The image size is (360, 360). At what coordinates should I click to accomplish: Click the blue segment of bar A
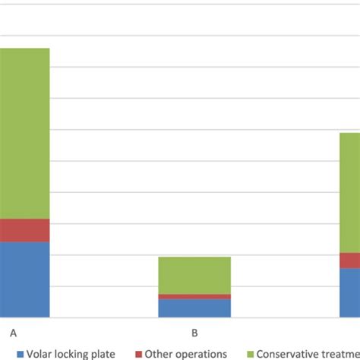click(24, 279)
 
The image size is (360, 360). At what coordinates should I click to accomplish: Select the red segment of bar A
click(24, 230)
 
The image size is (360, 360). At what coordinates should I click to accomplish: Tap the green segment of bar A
click(24, 134)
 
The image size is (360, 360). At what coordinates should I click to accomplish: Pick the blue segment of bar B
click(194, 308)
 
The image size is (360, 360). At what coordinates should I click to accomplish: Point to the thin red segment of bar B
click(194, 296)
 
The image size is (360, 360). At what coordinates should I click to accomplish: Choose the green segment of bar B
click(194, 275)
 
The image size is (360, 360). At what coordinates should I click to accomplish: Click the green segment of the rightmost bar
click(349, 193)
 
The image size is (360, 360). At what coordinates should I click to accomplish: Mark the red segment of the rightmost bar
click(349, 261)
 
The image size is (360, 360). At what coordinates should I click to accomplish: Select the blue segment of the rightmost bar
click(349, 292)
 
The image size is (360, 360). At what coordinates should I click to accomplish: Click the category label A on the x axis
click(13, 333)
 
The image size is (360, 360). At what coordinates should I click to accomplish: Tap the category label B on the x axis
click(194, 333)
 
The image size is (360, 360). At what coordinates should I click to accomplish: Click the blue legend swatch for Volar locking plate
click(21, 354)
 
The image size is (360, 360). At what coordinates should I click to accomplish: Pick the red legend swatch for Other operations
click(140, 354)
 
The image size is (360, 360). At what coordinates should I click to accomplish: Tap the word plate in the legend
click(104, 354)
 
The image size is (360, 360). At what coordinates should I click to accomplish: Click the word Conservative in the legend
click(289, 354)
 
